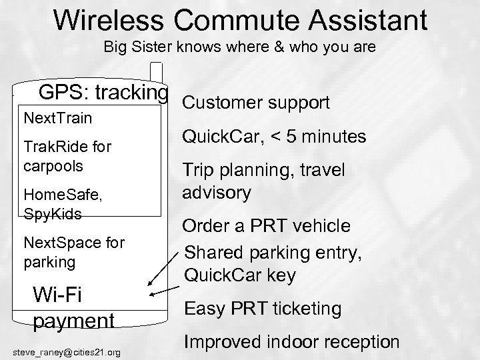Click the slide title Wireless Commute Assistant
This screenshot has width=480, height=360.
pos(240,20)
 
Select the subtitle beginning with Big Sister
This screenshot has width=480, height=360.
pos(240,49)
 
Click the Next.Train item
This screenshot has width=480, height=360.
pos(57,118)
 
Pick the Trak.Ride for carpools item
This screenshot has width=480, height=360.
pos(67,155)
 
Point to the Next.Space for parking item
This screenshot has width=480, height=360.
pos(74,252)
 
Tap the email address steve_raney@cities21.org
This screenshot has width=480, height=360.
pos(67,352)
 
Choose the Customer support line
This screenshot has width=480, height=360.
pos(255,103)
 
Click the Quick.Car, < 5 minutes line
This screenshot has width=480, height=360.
pos(274,137)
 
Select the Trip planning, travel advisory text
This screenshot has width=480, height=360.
pos(263,181)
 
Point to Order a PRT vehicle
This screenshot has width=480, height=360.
pos(267,226)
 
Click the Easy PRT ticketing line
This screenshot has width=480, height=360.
pos(263,308)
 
